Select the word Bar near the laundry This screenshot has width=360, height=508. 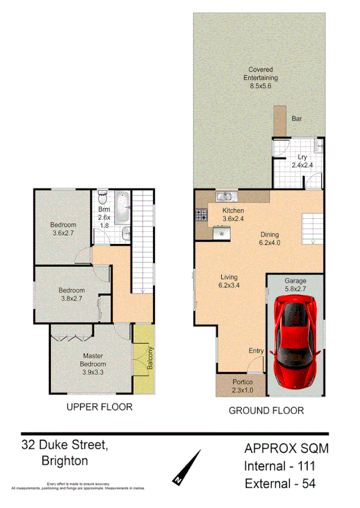[297, 119]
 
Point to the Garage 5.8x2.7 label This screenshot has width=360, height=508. [295, 284]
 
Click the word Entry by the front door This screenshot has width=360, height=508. [255, 351]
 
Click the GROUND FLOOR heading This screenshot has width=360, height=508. [266, 411]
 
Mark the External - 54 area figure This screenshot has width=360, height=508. [279, 483]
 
